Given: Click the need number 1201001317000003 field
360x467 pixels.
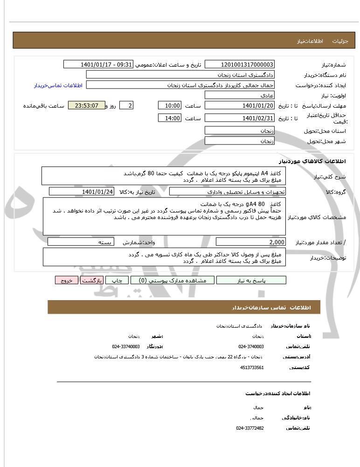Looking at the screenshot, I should [240, 64].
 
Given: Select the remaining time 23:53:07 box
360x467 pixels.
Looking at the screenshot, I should [86, 105].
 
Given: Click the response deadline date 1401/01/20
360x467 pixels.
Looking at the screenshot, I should [240, 105].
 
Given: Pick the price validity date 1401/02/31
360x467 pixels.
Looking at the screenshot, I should [240, 118].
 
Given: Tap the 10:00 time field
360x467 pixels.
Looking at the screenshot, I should [169, 105].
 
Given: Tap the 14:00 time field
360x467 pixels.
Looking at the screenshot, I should [169, 118].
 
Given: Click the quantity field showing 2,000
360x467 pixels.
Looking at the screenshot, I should [250, 242].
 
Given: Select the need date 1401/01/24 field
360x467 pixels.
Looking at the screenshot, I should [81, 192].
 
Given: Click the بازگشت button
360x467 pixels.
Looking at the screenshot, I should [91, 280].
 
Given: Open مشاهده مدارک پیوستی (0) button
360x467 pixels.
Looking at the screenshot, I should [173, 280].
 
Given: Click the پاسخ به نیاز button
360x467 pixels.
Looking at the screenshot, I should [251, 280].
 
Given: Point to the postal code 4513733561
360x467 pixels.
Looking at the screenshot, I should [252, 367].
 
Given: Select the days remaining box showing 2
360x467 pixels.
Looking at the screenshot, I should [126, 105].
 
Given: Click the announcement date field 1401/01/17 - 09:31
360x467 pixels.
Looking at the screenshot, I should [98, 64].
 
